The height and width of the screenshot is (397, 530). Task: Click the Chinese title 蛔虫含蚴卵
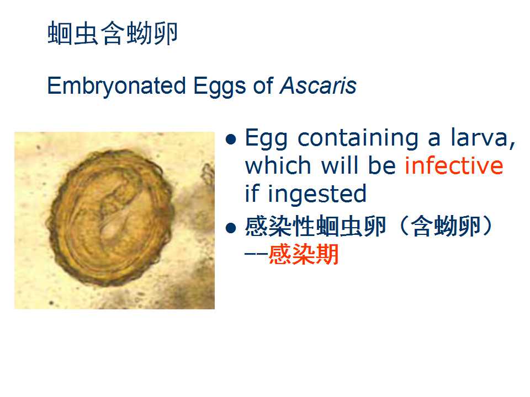(112, 33)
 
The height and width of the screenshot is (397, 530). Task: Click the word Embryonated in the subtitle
(116, 87)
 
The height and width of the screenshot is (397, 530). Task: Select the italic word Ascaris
(318, 86)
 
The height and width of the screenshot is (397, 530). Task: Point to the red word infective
(454, 165)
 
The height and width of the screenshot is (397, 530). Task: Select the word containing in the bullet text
(358, 139)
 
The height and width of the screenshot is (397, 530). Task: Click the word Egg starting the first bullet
(266, 139)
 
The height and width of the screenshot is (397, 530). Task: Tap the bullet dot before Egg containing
(231, 139)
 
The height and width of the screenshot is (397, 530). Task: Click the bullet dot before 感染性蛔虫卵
(231, 228)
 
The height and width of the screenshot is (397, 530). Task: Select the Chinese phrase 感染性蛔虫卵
(315, 226)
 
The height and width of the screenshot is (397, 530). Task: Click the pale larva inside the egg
(115, 216)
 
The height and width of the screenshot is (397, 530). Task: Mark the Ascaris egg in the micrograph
(112, 218)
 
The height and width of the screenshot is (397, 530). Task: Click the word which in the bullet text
(278, 166)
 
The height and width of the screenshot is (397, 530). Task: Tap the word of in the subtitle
(263, 86)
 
